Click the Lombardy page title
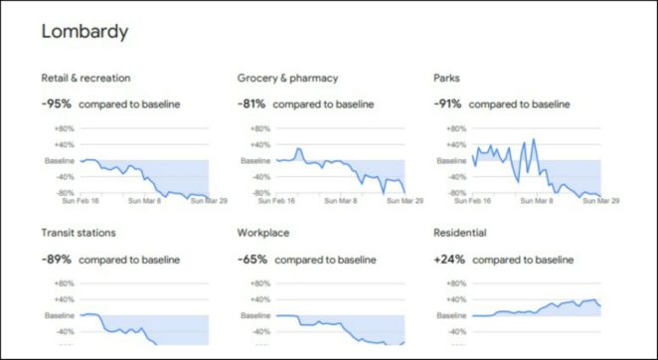coord(83,32)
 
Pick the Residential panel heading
coord(460,233)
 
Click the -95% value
coord(57,103)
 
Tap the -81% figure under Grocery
coord(252,103)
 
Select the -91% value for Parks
coord(449,103)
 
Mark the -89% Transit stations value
coord(57,260)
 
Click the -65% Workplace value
coord(252,260)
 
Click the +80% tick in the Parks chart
coord(456,128)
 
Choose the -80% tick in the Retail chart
coord(65,193)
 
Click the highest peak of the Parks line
coord(535,139)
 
